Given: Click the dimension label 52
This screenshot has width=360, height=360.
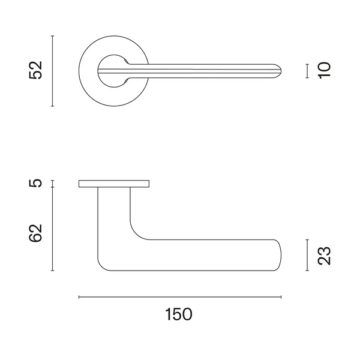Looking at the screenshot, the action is click(36, 70).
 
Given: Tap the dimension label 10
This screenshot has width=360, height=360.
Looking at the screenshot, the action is click(325, 70).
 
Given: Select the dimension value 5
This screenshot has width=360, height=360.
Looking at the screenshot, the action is click(36, 183).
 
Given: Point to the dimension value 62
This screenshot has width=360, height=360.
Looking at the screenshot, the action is click(36, 233).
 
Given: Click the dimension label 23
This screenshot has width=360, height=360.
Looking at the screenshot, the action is click(324, 256).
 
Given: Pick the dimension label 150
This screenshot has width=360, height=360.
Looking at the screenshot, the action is click(179, 314).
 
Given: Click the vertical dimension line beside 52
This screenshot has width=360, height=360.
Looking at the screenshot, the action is click(53, 71).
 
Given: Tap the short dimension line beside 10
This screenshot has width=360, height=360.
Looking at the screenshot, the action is click(307, 71).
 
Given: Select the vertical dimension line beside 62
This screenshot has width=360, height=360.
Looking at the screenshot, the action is click(53, 229).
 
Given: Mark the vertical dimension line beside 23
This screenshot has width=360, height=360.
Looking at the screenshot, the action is click(307, 255).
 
